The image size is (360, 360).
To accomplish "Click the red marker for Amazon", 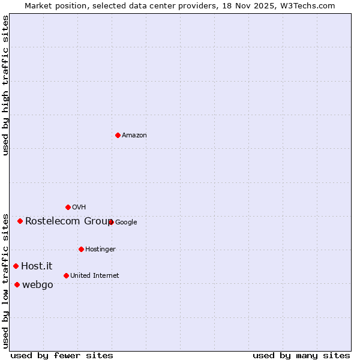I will [x=118, y=135].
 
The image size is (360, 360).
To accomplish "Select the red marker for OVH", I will [x=68, y=207].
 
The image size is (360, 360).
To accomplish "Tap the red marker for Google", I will [x=111, y=222].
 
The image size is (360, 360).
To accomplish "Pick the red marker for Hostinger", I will [x=81, y=249].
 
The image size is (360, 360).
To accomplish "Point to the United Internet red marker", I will [x=66, y=275].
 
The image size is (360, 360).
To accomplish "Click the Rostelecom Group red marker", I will [x=20, y=221].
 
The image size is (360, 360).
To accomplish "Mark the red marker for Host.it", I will [x=16, y=266].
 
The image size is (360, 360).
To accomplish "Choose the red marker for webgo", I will [x=17, y=284].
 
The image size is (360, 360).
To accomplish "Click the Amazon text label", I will [x=134, y=136].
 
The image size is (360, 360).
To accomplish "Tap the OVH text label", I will [x=79, y=208].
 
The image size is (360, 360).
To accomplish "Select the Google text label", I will [x=126, y=223].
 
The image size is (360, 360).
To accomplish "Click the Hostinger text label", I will [x=100, y=250].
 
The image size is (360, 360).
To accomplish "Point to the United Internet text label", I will [x=94, y=276].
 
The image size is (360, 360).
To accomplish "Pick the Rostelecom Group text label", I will [x=68, y=221].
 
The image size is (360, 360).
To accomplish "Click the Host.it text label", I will [x=37, y=266].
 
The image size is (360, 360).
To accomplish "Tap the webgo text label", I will [x=37, y=285].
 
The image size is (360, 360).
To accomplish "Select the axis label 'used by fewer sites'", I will [x=62, y=355].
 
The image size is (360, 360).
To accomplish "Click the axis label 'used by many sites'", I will [x=301, y=355].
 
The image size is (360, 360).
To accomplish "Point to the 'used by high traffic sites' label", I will [x=5, y=85].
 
